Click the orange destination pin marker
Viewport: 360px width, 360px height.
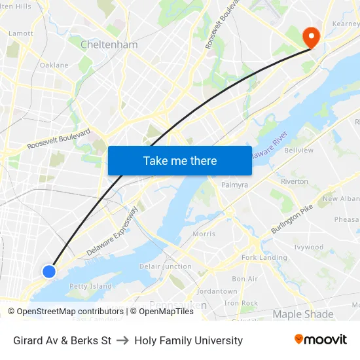tap(311, 37)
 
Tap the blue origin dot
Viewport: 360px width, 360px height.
tap(49, 271)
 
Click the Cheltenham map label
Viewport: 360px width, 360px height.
tap(109, 45)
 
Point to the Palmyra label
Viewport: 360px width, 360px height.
tap(234, 185)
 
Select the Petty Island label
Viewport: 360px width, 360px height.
tap(91, 286)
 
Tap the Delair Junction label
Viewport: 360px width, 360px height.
tap(166, 266)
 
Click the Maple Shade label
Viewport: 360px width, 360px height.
tap(302, 314)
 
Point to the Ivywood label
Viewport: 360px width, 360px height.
tap(308, 247)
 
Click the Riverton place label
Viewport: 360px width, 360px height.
tap(294, 181)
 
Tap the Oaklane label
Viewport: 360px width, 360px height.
tap(54, 65)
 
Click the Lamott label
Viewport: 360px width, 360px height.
tap(21, 33)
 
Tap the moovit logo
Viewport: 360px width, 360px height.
tap(320, 340)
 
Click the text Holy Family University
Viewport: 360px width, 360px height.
tap(189, 340)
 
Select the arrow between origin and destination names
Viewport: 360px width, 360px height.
tap(122, 340)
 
